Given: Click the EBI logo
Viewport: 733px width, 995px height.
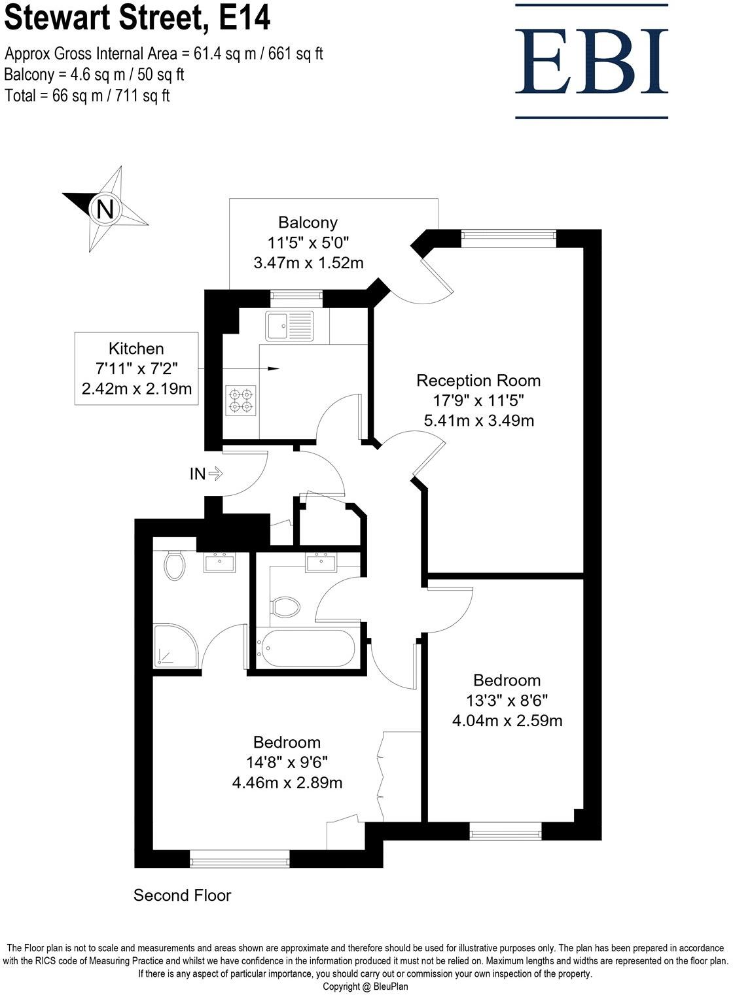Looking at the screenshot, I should [592, 61].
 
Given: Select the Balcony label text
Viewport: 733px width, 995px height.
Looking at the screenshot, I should [308, 222].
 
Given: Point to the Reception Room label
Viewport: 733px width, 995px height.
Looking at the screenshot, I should [478, 380].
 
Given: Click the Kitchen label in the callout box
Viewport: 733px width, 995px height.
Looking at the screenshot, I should [136, 349].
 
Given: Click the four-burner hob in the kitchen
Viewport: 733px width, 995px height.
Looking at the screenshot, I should [240, 401].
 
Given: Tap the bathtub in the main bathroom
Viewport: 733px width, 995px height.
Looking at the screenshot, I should [306, 648].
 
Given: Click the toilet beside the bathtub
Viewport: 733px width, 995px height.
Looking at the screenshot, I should [285, 606].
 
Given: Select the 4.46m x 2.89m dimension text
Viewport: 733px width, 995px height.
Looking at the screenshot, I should [287, 782].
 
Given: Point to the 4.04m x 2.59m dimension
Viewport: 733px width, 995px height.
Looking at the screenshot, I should [507, 721].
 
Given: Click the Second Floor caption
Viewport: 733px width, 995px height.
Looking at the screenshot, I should [182, 895].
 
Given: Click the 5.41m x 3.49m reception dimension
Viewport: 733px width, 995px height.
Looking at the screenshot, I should [478, 421].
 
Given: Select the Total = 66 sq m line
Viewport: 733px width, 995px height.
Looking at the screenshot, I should [87, 96].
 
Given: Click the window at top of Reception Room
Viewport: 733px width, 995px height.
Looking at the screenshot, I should [509, 237].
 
